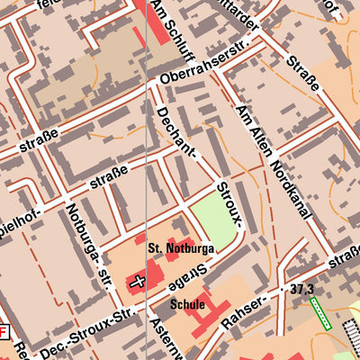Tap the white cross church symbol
click(x=138, y=283)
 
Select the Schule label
click(x=186, y=305)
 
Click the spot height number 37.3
click(x=301, y=289)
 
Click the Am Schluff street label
click(x=170, y=26)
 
